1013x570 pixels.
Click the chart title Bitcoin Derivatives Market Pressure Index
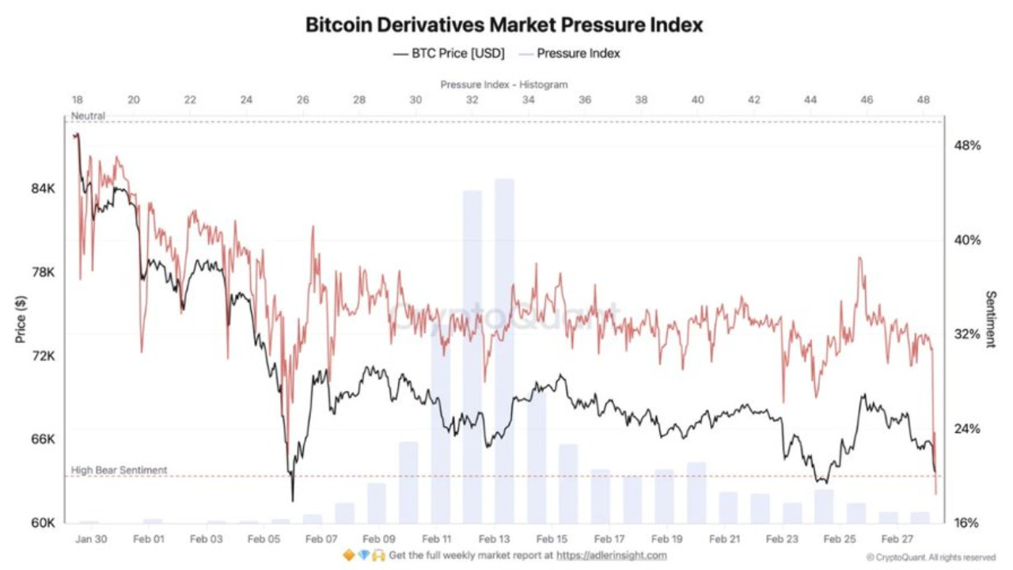pyautogui.click(x=504, y=25)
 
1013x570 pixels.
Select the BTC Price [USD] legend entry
pyautogui.click(x=448, y=54)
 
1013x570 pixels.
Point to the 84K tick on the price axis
pyautogui.click(x=43, y=188)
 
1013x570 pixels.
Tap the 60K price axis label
pyautogui.click(x=43, y=522)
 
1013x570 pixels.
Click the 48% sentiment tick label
pyautogui.click(x=967, y=146)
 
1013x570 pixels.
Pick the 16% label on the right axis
pyautogui.click(x=967, y=522)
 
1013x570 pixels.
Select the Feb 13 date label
pyautogui.click(x=495, y=538)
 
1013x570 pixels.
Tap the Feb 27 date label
pyautogui.click(x=898, y=538)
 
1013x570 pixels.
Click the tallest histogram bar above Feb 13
pyautogui.click(x=504, y=348)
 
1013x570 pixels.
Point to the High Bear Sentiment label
pyautogui.click(x=119, y=470)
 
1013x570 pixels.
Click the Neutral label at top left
pyautogui.click(x=88, y=116)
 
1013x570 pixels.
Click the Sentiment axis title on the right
pyautogui.click(x=990, y=319)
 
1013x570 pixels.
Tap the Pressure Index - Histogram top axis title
pyautogui.click(x=504, y=84)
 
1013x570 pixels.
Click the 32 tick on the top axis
pyautogui.click(x=472, y=101)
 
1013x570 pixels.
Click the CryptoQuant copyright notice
pyautogui.click(x=931, y=557)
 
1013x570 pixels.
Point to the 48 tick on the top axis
pyautogui.click(x=923, y=101)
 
